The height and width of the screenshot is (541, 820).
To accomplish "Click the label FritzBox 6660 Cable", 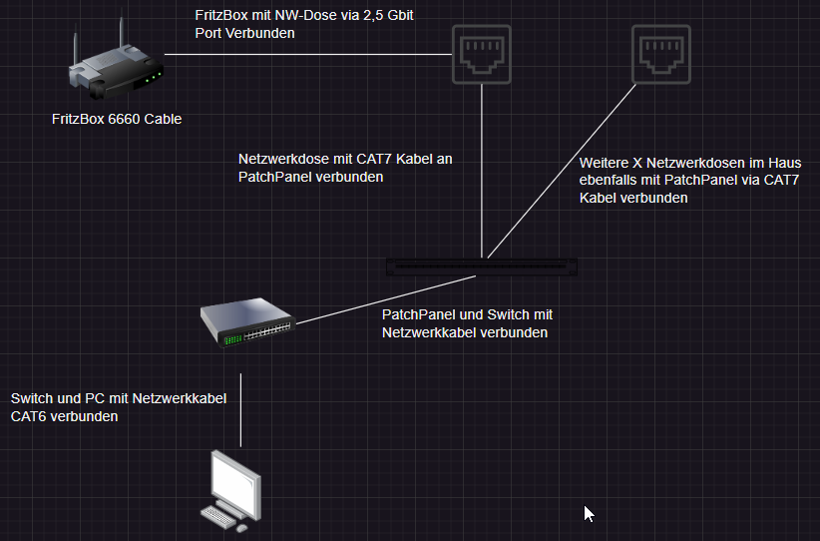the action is click(117, 120).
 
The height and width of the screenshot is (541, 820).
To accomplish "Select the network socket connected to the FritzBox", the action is click(481, 55).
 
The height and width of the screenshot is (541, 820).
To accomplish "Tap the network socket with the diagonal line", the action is click(661, 55).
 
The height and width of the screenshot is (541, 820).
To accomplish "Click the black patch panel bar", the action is click(482, 267).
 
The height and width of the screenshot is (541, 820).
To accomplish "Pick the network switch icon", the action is click(247, 321).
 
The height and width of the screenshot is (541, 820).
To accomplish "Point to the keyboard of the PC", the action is click(218, 516).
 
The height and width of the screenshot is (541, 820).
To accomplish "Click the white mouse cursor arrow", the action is click(589, 514).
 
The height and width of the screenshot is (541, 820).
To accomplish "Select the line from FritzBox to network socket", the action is click(308, 55).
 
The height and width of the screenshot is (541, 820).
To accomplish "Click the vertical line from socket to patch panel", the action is click(482, 171).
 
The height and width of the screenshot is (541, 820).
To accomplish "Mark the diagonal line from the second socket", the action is click(562, 171).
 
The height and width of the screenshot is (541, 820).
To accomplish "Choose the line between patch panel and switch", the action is click(386, 299).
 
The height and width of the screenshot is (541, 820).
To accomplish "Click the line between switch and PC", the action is click(240, 410).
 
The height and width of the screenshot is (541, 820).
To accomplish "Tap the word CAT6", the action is click(29, 416).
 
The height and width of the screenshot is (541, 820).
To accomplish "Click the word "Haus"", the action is click(784, 163).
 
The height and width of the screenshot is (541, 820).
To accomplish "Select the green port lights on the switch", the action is click(232, 340).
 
